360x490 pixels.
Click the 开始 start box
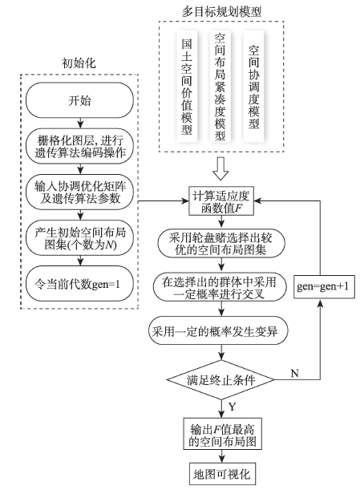(x=79, y=100)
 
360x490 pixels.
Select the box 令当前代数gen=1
(x=79, y=284)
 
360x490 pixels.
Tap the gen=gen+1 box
(x=324, y=286)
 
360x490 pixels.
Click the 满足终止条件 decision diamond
(x=221, y=379)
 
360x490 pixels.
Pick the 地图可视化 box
(x=222, y=474)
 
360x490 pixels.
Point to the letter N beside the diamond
(x=295, y=373)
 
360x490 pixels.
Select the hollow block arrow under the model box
(x=220, y=168)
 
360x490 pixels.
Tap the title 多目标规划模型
(x=222, y=11)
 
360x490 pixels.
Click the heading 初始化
(x=79, y=63)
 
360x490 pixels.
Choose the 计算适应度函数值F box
(x=221, y=201)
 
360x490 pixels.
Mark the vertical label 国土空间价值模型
(x=187, y=87)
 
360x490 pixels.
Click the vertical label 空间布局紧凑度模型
(x=220, y=87)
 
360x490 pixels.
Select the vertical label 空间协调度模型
(x=253, y=87)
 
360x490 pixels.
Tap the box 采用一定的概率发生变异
(x=218, y=330)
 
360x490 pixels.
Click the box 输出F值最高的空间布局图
(x=222, y=434)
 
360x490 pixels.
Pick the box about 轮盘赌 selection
(x=221, y=244)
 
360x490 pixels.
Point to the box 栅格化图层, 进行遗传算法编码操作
(x=79, y=146)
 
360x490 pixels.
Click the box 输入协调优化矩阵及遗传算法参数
(x=79, y=192)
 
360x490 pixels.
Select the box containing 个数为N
(x=79, y=238)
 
